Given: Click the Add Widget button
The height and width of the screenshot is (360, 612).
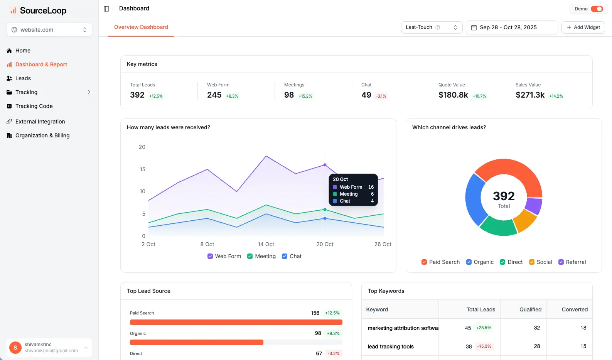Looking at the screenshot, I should pyautogui.click(x=583, y=27).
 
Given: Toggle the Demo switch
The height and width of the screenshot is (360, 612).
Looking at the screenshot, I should pyautogui.click(x=597, y=9).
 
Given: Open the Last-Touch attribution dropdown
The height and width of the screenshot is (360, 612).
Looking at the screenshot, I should pyautogui.click(x=431, y=27).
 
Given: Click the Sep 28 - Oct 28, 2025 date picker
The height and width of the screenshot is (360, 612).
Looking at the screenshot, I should pyautogui.click(x=512, y=27).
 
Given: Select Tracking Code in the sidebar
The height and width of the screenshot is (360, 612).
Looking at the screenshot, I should pyautogui.click(x=34, y=106).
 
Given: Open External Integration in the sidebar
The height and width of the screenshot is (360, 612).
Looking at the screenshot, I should pyautogui.click(x=40, y=122).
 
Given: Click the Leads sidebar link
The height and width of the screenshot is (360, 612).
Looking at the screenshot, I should pyautogui.click(x=23, y=78).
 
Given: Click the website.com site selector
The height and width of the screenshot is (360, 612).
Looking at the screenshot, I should pyautogui.click(x=49, y=30).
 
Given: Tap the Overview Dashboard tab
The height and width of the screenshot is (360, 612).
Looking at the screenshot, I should pyautogui.click(x=141, y=27).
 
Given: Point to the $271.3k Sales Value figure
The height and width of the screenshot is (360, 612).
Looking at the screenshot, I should pyautogui.click(x=530, y=95).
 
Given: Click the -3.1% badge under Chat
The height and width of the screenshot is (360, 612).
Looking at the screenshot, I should pyautogui.click(x=381, y=96).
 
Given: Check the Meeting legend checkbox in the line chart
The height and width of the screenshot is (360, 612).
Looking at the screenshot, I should pyautogui.click(x=250, y=256).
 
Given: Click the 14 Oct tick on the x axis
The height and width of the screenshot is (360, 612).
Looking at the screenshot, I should pyautogui.click(x=266, y=244).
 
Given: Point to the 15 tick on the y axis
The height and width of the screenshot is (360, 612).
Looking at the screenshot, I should pyautogui.click(x=143, y=169).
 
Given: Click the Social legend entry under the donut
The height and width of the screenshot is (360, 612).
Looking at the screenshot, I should pyautogui.click(x=540, y=262).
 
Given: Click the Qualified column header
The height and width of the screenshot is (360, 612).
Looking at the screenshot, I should pyautogui.click(x=530, y=309).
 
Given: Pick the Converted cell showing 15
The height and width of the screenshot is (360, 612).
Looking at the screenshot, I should pyautogui.click(x=583, y=346).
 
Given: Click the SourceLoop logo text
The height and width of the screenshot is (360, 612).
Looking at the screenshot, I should pyautogui.click(x=43, y=10).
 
